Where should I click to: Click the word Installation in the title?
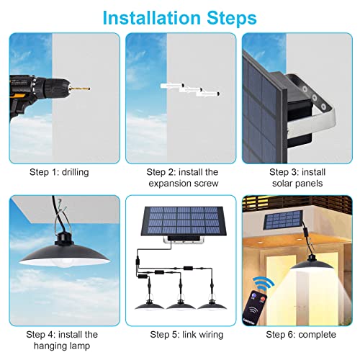pyautogui.click(x=155, y=16)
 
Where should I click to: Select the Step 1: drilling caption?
pyautogui.click(x=60, y=172)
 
